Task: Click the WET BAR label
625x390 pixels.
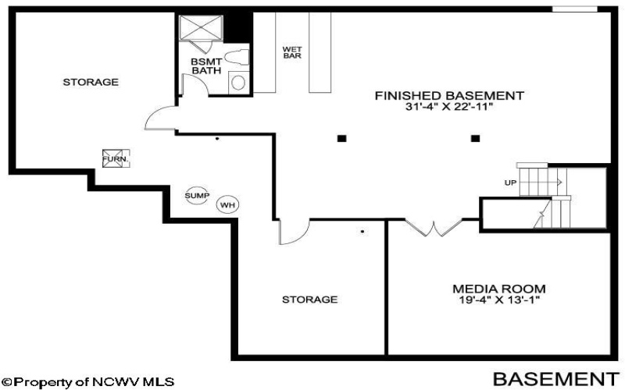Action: click(292, 52)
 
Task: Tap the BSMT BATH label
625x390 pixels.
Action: click(206, 66)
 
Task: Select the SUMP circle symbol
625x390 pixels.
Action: click(197, 196)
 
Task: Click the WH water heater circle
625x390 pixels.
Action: click(227, 205)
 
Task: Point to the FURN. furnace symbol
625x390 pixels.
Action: click(116, 158)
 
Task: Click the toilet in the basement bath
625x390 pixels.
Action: click(237, 57)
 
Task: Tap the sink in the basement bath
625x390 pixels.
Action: click(238, 83)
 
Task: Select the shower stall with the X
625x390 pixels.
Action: click(201, 27)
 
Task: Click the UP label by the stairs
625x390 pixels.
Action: click(510, 183)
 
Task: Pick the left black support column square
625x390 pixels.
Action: click(341, 139)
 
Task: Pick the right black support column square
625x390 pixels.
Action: click(475, 139)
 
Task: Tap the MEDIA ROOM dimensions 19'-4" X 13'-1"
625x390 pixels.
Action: click(499, 300)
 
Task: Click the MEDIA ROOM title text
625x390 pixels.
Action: click(499, 289)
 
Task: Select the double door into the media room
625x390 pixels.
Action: click(434, 228)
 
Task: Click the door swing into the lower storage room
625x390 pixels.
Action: click(295, 232)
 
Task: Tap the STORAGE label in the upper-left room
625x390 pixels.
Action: click(91, 82)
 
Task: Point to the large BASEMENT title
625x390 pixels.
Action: click(556, 379)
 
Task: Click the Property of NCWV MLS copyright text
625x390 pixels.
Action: click(87, 382)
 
